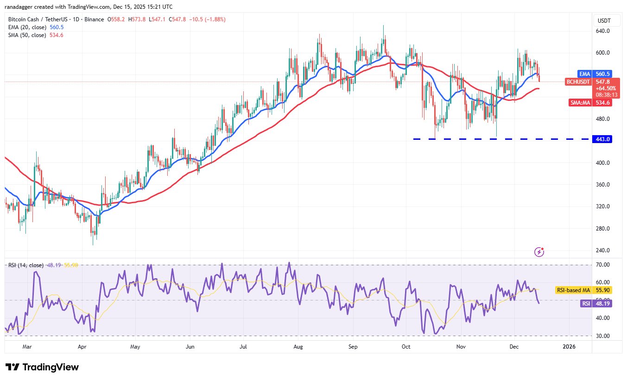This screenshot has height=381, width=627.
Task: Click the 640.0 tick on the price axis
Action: (x=602, y=31)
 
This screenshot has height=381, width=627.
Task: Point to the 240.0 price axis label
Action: (x=602, y=250)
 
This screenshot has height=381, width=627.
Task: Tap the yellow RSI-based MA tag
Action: (x=573, y=290)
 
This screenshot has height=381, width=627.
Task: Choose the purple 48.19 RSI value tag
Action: (x=603, y=304)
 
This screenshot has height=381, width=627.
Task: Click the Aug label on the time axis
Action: (x=298, y=346)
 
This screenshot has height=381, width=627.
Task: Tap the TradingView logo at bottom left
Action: (x=42, y=367)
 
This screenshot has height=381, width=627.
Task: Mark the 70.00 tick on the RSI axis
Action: (x=602, y=265)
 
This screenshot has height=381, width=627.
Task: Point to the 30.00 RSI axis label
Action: (x=602, y=336)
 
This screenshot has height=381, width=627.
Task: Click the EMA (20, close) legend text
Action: (x=26, y=27)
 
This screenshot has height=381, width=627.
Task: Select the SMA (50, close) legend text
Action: (x=26, y=35)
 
